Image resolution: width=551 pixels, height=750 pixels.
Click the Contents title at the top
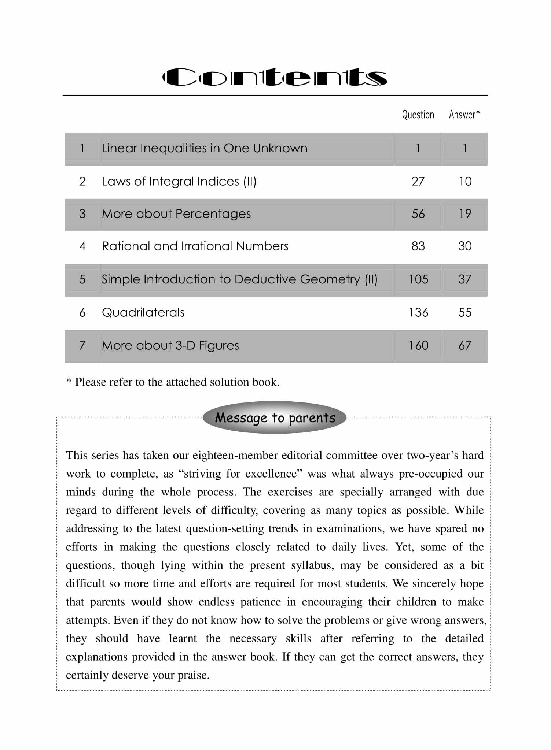pos(275,77)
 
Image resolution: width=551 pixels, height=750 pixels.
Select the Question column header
pos(418,115)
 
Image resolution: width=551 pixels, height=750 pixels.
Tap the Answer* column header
pos(464,115)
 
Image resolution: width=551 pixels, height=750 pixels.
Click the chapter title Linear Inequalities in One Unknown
pos(205,148)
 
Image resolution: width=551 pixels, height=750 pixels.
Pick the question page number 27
pos(418,181)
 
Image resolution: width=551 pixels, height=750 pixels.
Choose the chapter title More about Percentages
pos(176,214)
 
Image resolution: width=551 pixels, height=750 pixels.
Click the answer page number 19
pos(465,214)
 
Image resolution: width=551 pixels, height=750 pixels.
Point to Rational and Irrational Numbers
pos(195,246)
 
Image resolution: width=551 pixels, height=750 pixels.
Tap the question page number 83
pos(418,246)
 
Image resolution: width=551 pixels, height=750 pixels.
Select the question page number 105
pos(418,279)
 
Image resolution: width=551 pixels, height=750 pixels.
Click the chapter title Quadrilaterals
pos(143,312)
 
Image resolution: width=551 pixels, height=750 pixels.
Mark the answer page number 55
pos(465,312)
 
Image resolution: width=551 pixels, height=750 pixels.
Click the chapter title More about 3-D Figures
pos(170,345)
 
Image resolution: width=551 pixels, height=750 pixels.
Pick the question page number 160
pos(418,345)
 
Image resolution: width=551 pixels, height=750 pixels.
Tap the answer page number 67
pos(465,345)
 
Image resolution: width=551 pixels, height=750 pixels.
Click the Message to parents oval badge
pos(275,418)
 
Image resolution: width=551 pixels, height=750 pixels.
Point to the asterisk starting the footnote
pos(69,381)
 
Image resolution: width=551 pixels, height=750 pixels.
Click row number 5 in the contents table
pos(82,279)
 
